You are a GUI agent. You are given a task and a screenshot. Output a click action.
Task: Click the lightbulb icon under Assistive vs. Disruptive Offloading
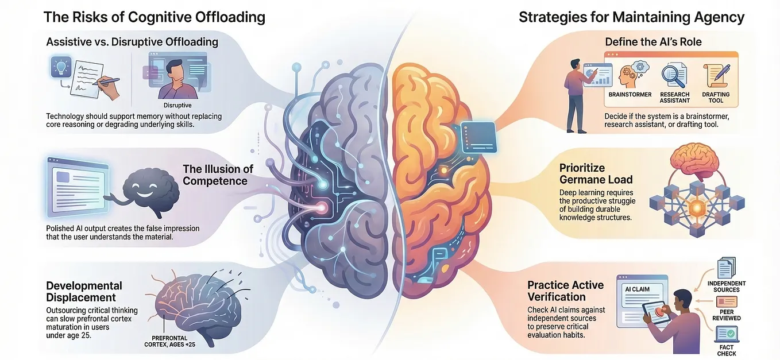click(x=61, y=67)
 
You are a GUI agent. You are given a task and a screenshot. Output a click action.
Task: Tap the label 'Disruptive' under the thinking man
click(x=177, y=105)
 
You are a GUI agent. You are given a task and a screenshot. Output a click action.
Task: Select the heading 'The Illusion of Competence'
click(x=218, y=175)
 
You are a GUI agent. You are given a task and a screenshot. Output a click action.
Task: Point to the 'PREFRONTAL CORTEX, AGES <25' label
click(x=170, y=341)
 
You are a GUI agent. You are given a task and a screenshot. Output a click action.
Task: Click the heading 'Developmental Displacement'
click(x=84, y=292)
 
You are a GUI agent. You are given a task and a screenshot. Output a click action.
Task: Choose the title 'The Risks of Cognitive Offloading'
click(x=155, y=17)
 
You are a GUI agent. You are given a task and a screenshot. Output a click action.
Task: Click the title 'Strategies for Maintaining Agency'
click(x=631, y=17)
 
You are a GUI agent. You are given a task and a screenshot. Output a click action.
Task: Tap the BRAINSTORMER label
click(x=630, y=94)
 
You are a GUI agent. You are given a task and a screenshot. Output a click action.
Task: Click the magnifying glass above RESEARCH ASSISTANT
click(x=674, y=76)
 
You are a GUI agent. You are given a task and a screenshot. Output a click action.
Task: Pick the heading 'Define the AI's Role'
click(x=653, y=42)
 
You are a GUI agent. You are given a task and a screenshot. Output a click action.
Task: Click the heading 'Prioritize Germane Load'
click(x=596, y=174)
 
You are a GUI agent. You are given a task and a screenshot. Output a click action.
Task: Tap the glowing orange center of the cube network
click(x=697, y=208)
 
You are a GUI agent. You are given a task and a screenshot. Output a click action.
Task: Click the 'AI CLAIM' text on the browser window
click(x=637, y=289)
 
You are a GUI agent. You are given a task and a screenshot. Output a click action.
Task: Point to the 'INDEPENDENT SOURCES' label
click(x=727, y=287)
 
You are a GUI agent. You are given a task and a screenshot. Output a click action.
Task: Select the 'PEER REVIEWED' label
click(x=727, y=315)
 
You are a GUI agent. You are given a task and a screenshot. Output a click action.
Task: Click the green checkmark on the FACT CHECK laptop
click(x=731, y=334)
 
